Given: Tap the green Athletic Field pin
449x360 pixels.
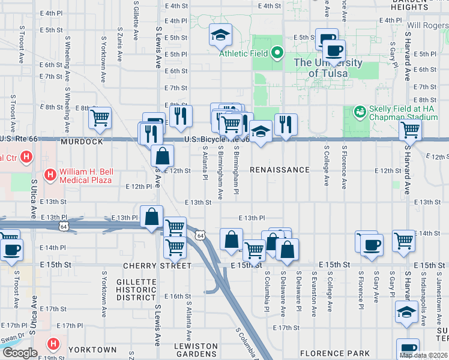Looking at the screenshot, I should click(x=277, y=53).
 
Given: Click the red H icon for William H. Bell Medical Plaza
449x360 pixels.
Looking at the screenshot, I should click(x=51, y=176).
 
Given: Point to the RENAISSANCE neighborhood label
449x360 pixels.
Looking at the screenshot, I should click(x=280, y=170).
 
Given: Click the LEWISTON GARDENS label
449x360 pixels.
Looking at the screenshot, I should click(x=196, y=350).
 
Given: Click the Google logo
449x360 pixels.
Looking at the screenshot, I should click(x=20, y=353).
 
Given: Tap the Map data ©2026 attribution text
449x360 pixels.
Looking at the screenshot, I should click(x=424, y=355).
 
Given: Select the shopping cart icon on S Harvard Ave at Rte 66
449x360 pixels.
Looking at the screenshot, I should click(x=410, y=129).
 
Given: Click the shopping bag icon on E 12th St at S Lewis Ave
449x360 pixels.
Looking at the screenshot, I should click(x=162, y=156).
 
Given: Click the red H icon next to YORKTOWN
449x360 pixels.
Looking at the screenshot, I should click(x=53, y=344).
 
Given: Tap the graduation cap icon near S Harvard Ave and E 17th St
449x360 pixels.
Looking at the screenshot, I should click(x=406, y=313).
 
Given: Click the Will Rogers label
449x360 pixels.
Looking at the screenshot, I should click(x=427, y=26).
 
